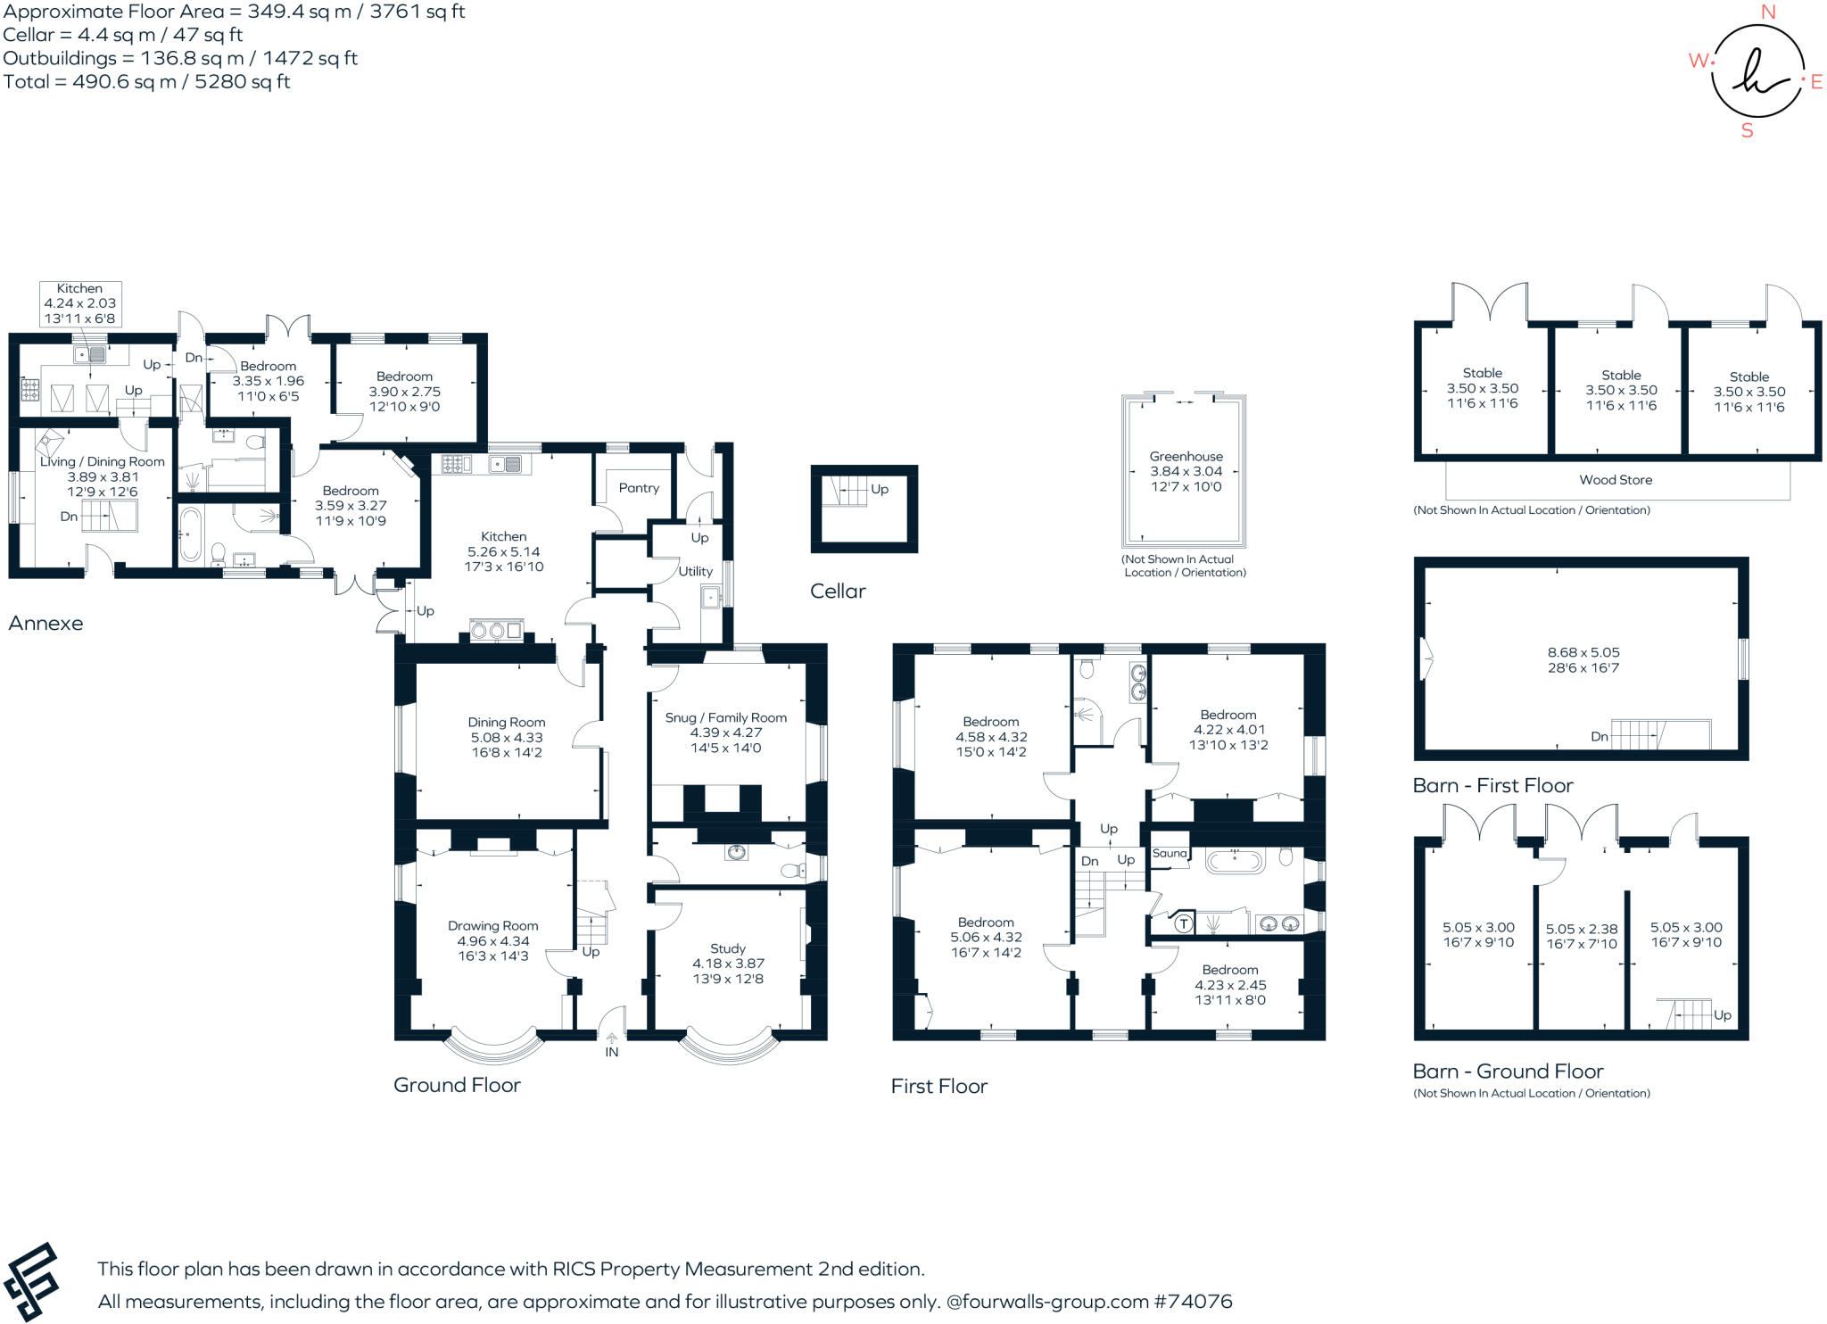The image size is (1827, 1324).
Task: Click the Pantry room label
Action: (639, 488)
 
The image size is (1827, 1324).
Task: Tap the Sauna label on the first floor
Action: (1170, 853)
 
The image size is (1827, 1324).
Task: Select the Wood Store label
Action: (1616, 480)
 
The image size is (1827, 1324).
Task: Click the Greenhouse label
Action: (1186, 457)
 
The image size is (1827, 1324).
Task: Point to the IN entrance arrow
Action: (611, 1039)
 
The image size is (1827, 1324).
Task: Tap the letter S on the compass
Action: (1747, 131)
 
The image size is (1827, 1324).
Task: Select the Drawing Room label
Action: (493, 926)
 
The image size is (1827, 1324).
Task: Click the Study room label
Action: (728, 948)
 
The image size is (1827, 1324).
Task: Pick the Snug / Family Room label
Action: (726, 717)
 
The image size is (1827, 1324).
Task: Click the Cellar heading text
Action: (838, 591)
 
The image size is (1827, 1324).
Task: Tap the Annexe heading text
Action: (45, 623)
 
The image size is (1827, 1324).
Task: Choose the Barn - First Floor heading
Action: (1492, 785)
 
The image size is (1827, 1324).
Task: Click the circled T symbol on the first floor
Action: (1183, 923)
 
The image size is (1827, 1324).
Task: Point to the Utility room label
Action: (696, 571)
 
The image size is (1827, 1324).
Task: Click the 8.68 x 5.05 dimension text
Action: (1583, 652)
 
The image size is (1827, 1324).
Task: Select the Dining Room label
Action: (507, 723)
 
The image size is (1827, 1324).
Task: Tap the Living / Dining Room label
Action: (103, 462)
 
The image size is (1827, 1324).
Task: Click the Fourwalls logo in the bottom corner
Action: (31, 1282)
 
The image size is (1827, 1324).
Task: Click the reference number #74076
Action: (1194, 1301)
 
